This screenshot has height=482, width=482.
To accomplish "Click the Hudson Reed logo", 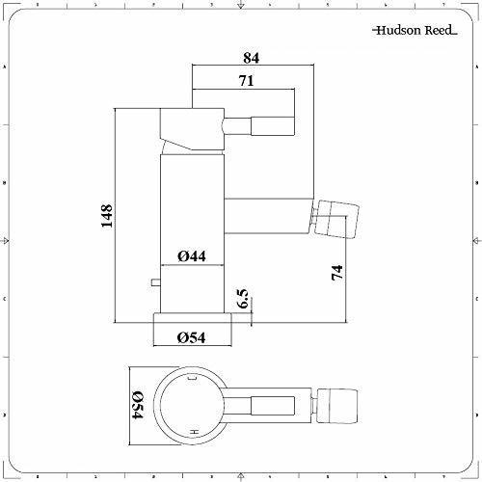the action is point(415,30).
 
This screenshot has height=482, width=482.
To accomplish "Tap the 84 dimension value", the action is point(251,58).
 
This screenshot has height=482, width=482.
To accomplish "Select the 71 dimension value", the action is point(247,81).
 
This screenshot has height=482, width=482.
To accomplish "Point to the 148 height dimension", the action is point(107,216).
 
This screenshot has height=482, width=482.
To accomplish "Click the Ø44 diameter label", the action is point(192,256).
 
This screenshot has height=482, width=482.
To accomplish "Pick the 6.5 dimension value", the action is point(243,299).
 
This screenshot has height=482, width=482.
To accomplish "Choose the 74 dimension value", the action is point(337,273).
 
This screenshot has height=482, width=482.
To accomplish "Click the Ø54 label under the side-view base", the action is point(191,337).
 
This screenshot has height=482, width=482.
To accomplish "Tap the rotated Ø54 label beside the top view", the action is point(138,405).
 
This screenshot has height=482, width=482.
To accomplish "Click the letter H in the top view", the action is point(194,432).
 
